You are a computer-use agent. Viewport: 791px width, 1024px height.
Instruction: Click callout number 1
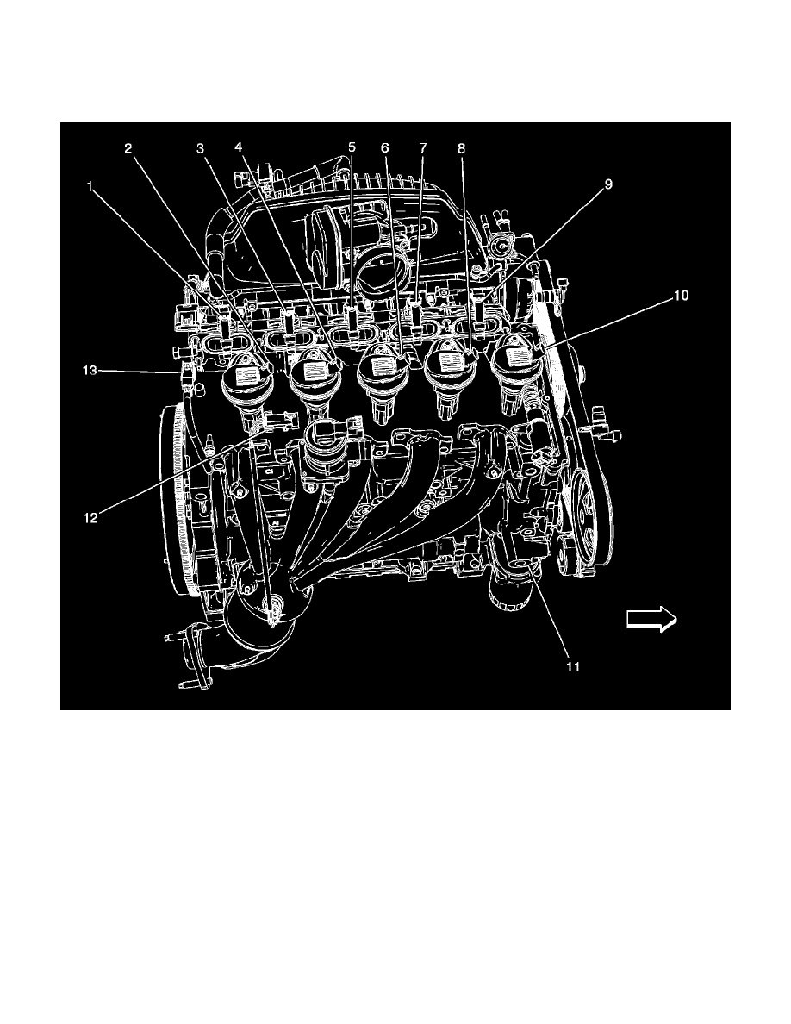tap(90, 187)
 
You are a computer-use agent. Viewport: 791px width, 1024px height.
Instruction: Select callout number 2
tap(128, 149)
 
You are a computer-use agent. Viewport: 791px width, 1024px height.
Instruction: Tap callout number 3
tap(201, 149)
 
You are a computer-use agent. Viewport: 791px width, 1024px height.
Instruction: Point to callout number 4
tap(239, 147)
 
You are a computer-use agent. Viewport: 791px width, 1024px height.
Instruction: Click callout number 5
tap(352, 147)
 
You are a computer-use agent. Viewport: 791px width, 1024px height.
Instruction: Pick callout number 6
tap(385, 149)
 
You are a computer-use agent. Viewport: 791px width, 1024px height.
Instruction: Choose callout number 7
tap(422, 149)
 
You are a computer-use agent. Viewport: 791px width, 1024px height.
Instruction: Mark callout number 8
tap(462, 149)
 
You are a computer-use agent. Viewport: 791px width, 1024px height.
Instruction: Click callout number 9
tap(608, 184)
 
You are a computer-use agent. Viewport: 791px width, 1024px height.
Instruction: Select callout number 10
tap(681, 296)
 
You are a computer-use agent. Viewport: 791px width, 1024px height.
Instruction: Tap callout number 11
tap(572, 667)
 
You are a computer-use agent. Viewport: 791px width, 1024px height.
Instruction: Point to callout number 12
tap(90, 518)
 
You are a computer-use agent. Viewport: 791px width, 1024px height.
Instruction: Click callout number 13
tap(90, 371)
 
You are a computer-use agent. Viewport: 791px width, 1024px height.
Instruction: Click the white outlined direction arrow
tap(651, 619)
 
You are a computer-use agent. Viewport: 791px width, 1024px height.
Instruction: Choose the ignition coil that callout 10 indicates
tap(520, 372)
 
